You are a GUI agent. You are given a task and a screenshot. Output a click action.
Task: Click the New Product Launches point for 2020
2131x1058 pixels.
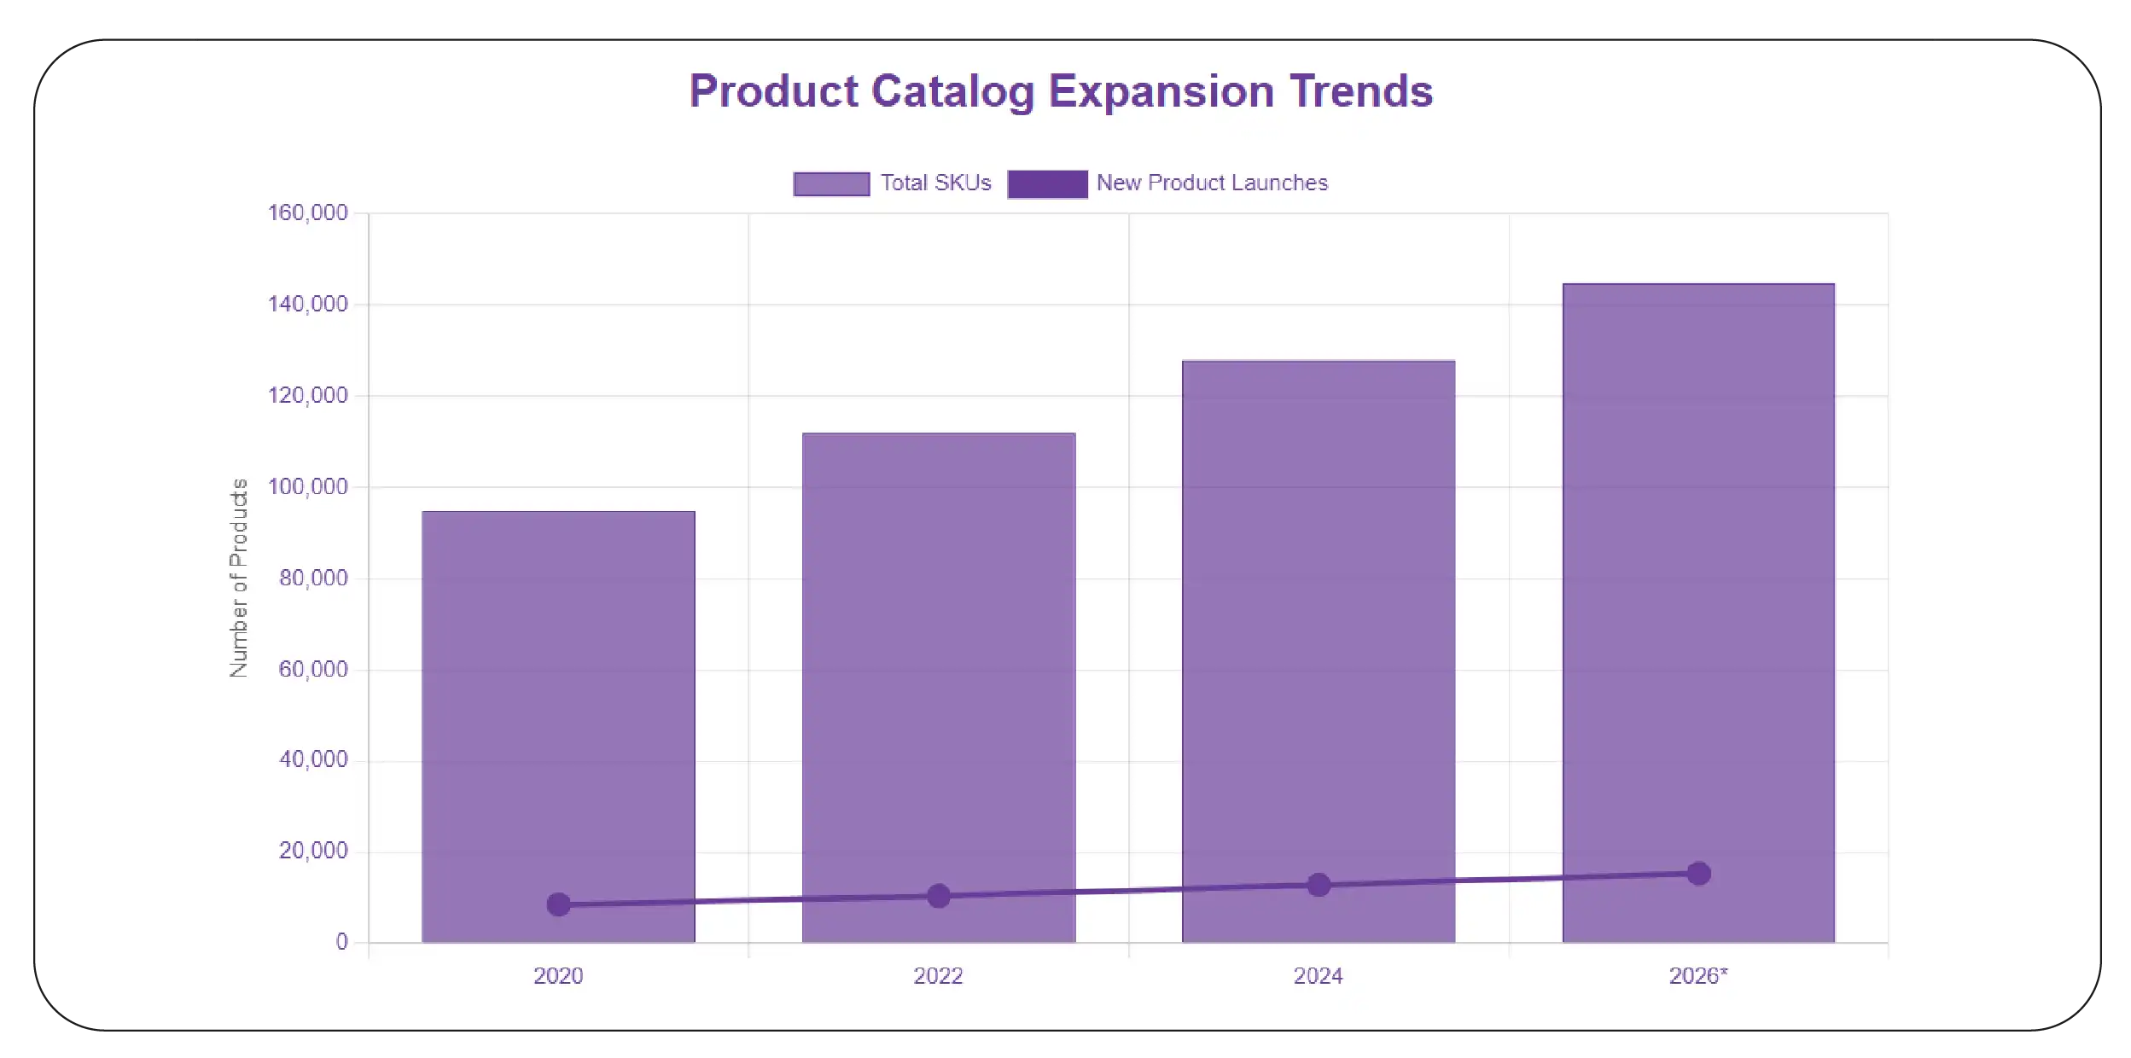point(558,904)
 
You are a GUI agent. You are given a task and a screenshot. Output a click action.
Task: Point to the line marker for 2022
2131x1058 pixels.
point(938,896)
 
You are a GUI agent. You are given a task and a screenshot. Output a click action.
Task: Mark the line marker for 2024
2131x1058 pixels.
point(1319,885)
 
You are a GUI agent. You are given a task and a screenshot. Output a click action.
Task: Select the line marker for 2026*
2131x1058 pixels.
point(1698,874)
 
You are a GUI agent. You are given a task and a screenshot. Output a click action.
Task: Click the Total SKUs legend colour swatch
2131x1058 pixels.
point(831,183)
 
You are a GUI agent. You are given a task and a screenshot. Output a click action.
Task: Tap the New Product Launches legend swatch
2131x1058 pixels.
point(1047,183)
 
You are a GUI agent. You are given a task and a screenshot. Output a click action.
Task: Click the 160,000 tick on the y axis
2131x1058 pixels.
point(308,212)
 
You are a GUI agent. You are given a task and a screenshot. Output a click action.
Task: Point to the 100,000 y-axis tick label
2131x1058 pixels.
point(308,486)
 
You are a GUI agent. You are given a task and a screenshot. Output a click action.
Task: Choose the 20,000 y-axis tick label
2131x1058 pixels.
point(313,851)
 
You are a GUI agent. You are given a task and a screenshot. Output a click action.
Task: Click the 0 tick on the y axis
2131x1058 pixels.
point(341,942)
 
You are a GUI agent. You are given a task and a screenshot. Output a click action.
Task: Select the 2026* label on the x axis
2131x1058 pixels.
point(1697,976)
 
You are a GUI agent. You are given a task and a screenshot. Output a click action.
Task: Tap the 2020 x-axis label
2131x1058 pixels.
point(558,976)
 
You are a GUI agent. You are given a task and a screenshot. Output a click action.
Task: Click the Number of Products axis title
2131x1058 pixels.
point(239,578)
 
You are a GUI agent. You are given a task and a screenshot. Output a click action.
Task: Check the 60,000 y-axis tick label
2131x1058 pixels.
point(313,669)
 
